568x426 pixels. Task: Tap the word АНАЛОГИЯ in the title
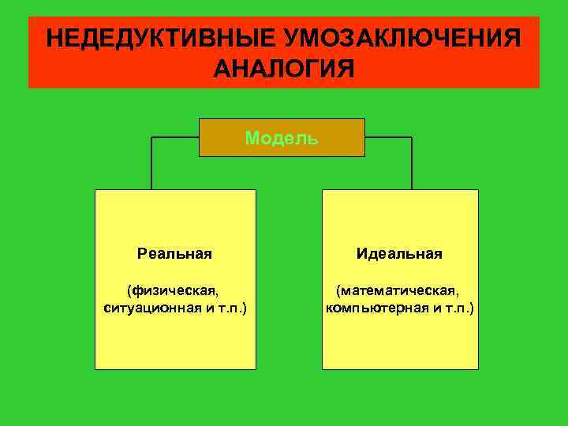[284, 68]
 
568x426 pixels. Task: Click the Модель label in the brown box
[282, 139]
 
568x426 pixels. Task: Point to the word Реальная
[174, 254]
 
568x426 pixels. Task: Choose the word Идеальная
[399, 254]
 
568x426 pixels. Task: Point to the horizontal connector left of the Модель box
[174, 137]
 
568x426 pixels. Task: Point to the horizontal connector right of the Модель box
[388, 137]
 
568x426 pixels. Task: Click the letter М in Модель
[251, 139]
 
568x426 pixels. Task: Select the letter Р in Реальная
[141, 254]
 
